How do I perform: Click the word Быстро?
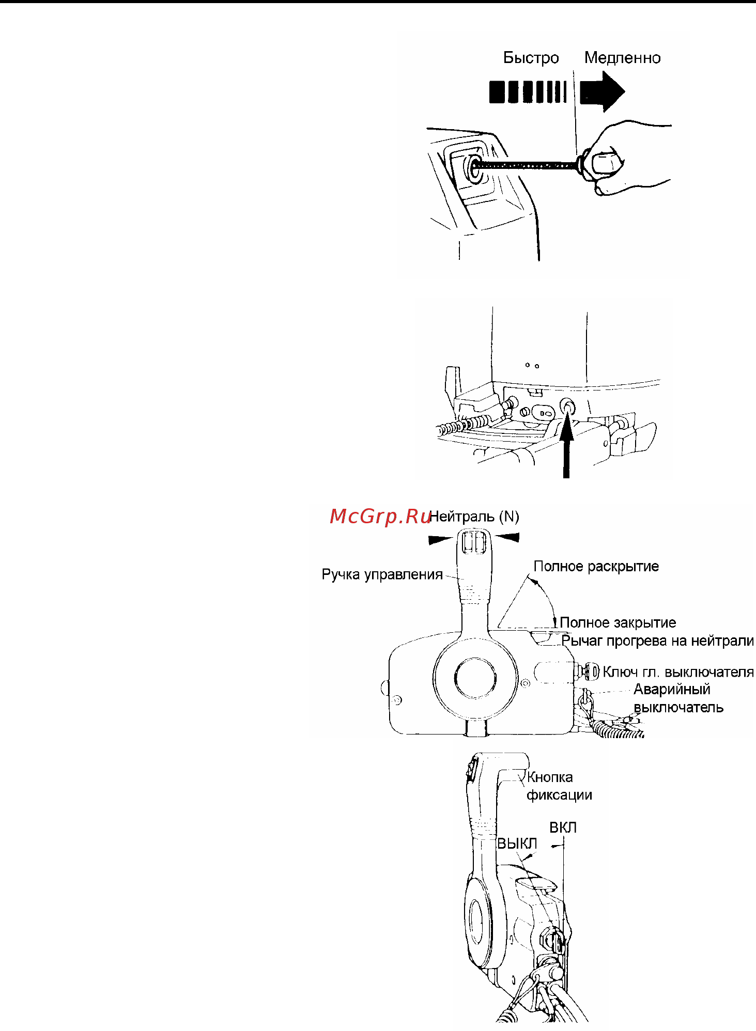point(531,58)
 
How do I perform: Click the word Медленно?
point(622,58)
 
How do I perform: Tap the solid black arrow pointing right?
point(602,91)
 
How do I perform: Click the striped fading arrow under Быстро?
point(528,92)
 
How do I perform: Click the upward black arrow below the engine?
point(567,444)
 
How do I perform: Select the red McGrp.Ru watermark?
point(380,516)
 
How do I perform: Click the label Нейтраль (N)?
point(474,517)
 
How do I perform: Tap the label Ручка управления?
point(382,574)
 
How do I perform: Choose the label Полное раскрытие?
point(596,566)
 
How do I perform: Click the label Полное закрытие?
point(618,622)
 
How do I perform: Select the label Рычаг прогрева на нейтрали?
point(657,641)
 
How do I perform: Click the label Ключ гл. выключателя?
point(678,672)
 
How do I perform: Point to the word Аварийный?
point(672,690)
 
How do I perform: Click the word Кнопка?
point(550,777)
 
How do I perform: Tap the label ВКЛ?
point(563,827)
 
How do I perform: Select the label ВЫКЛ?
point(517,844)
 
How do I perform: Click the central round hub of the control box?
point(475,677)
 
